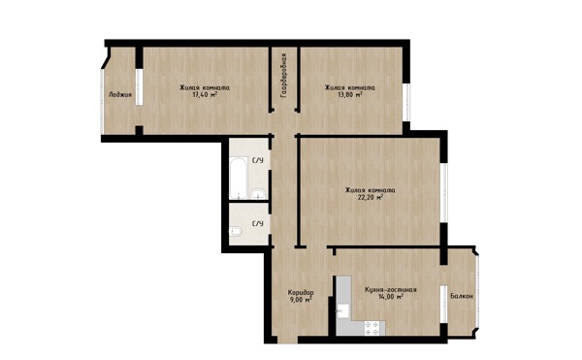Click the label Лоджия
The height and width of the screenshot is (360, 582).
click(x=120, y=95)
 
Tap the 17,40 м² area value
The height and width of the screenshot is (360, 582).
click(x=205, y=95)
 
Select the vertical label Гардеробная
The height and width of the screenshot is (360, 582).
click(x=284, y=76)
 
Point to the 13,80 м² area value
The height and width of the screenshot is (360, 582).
click(x=349, y=95)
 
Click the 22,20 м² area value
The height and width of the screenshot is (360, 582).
click(x=371, y=197)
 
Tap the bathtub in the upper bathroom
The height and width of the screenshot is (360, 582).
click(x=239, y=179)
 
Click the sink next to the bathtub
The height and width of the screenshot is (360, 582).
click(x=257, y=194)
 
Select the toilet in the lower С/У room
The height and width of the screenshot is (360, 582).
click(x=236, y=232)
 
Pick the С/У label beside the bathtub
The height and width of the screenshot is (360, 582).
click(x=258, y=160)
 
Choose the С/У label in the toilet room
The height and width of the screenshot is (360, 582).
click(x=258, y=224)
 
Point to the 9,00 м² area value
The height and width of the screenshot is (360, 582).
click(x=301, y=299)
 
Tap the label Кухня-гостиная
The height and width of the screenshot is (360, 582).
click(x=391, y=290)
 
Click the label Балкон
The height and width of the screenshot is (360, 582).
click(x=462, y=296)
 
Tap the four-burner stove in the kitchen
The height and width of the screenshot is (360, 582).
click(x=372, y=328)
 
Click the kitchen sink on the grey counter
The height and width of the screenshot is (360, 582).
click(x=343, y=311)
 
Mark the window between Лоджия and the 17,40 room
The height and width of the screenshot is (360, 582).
click(x=139, y=87)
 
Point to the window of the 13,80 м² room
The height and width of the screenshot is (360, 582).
click(x=406, y=102)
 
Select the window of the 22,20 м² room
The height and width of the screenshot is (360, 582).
click(x=443, y=193)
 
